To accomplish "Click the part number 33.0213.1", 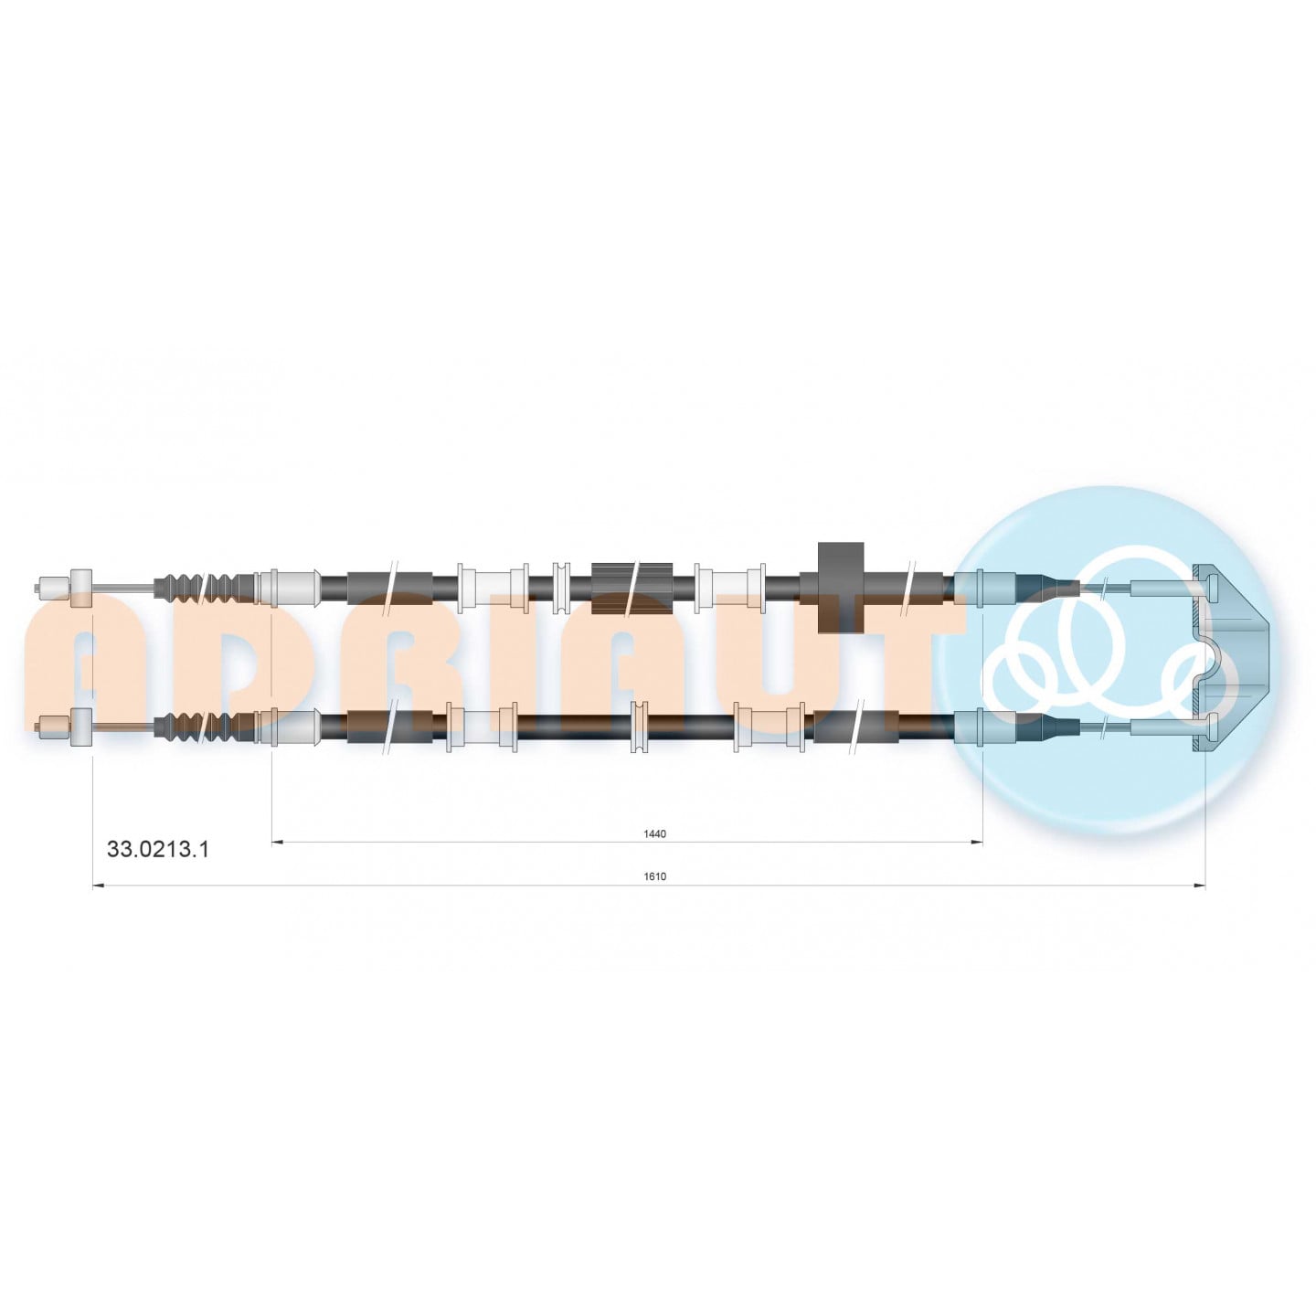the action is (158, 849).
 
